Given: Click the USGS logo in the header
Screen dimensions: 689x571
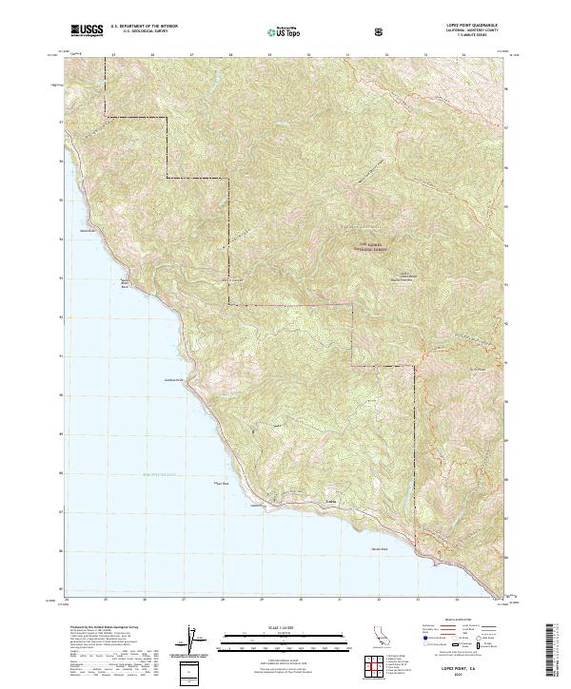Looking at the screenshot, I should click(88, 30).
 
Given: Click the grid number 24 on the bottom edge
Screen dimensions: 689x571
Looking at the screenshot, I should click(67, 600).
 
